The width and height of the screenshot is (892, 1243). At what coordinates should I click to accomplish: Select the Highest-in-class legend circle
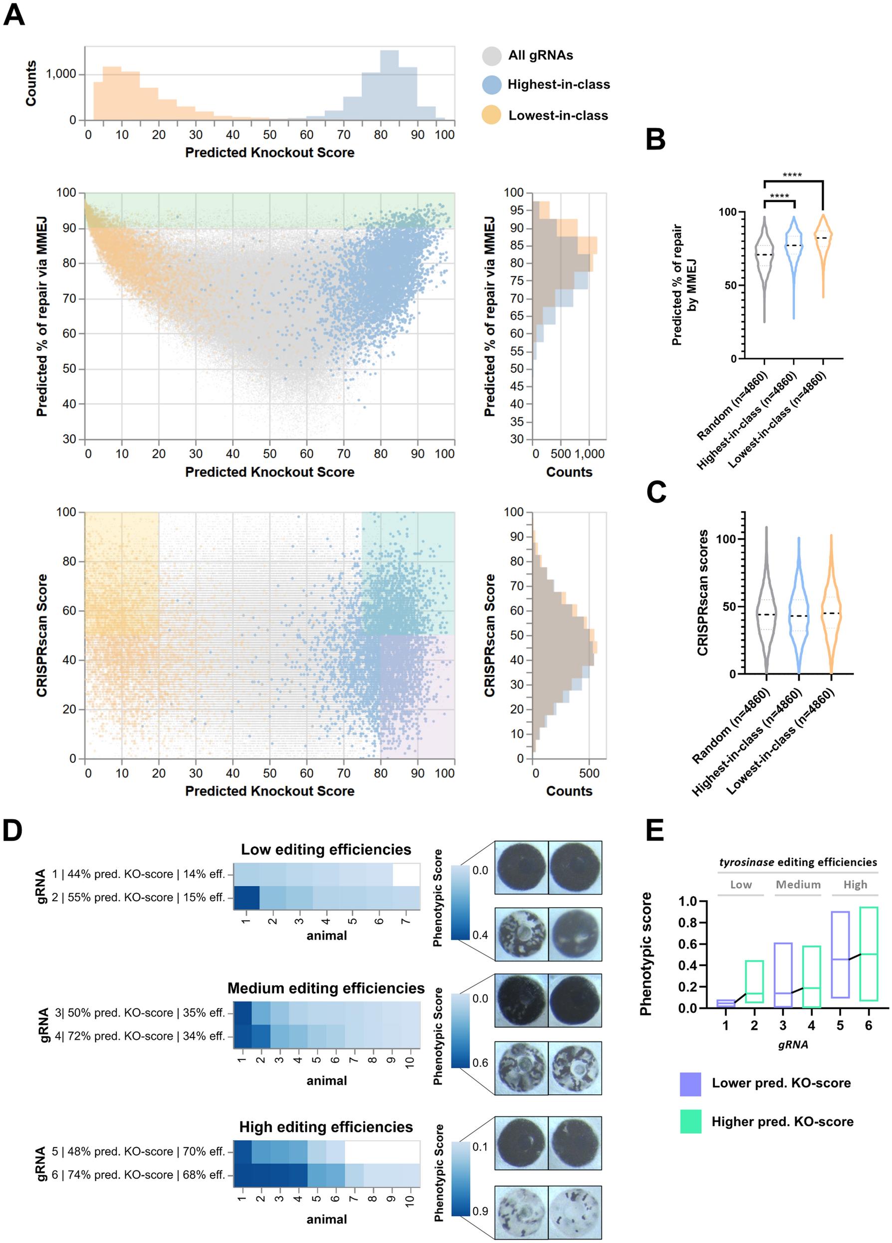[491, 84]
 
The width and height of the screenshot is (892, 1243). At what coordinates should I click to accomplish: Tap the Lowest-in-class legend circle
[491, 115]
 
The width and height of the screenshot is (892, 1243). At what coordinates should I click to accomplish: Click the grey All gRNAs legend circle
[491, 55]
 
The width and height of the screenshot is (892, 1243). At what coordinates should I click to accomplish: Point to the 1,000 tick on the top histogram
[61, 74]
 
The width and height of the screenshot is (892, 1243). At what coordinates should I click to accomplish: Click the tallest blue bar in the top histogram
[389, 85]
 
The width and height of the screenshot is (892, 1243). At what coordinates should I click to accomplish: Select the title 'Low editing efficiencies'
[326, 849]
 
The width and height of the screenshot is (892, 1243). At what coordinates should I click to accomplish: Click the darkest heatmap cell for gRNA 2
[246, 897]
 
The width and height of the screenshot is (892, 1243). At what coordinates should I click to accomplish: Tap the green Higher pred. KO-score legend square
[690, 1122]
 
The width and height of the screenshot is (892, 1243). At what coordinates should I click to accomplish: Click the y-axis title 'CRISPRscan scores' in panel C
[702, 592]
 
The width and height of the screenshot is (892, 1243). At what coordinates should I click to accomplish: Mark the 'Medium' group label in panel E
[798, 885]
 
